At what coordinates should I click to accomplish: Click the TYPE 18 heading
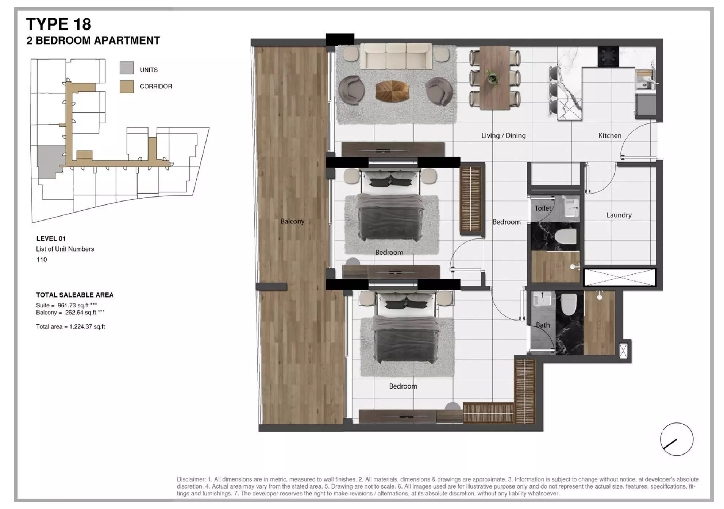tap(58, 24)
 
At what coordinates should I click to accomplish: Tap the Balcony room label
tap(292, 221)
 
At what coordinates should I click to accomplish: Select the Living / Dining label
tap(503, 136)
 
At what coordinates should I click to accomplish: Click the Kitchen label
tap(609, 136)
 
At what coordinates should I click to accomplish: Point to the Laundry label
tap(619, 215)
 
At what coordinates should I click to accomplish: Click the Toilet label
tap(543, 208)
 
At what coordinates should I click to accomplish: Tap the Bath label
tap(543, 325)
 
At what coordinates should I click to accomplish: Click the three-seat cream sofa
tap(396, 56)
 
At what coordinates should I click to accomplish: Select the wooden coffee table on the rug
tap(392, 91)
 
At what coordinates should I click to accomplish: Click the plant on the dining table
tap(493, 78)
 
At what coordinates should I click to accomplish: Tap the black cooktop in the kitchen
tap(608, 57)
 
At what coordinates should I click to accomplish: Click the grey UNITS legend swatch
tap(127, 68)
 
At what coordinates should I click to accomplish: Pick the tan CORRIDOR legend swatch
tap(127, 87)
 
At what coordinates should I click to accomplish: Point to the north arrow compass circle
tap(676, 439)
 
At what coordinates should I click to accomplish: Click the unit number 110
tap(42, 260)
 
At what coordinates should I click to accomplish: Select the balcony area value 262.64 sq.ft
tap(81, 313)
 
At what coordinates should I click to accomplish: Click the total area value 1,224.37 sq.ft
tap(87, 327)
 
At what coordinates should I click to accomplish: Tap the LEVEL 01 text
tap(51, 239)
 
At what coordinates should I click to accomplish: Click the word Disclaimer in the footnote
tap(191, 479)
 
